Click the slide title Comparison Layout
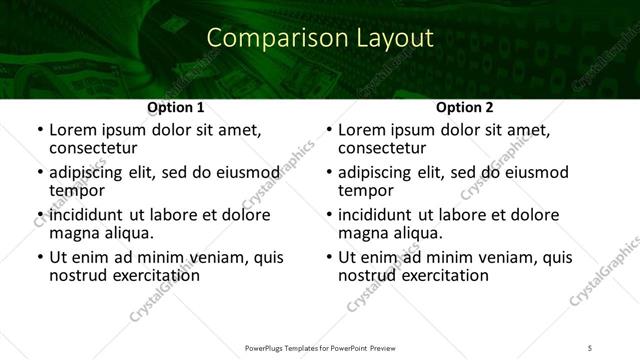(x=320, y=39)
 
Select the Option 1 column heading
(x=176, y=107)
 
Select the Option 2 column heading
(x=465, y=107)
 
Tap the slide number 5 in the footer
(x=590, y=347)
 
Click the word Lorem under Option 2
(x=363, y=130)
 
